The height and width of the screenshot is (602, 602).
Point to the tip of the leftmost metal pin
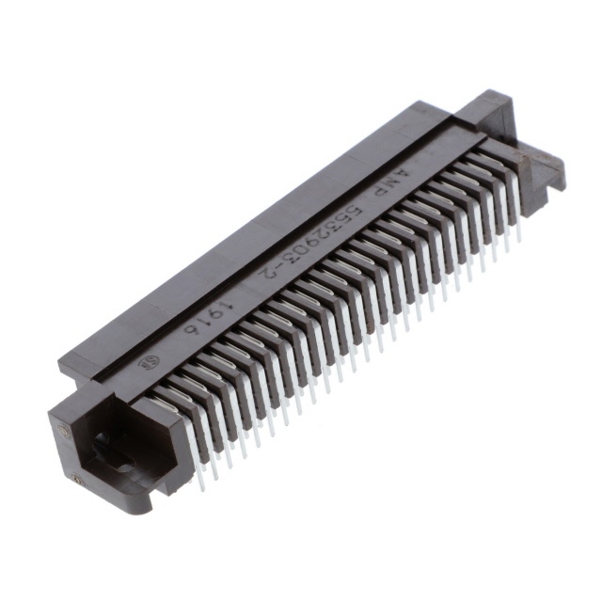point(198,487)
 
